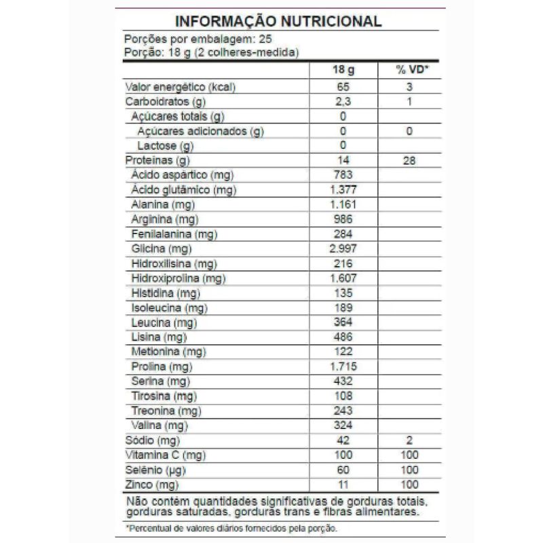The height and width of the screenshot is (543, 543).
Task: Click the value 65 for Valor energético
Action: [x=343, y=87]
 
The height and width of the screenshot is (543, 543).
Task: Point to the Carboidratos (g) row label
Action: [x=166, y=102]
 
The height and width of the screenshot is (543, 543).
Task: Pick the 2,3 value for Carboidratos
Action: [x=343, y=102]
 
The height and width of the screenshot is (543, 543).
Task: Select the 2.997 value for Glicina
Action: [x=343, y=248]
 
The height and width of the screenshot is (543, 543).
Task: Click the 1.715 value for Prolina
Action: [x=343, y=367]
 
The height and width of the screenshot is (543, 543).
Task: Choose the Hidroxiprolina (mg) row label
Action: [x=178, y=278]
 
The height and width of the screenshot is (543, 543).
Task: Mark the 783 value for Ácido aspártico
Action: [x=343, y=175]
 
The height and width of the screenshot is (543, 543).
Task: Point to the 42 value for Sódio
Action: [x=343, y=441]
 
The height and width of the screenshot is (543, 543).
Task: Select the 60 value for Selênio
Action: [x=343, y=470]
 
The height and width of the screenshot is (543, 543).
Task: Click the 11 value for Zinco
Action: [x=343, y=485]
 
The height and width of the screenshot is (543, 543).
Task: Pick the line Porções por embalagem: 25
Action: [x=193, y=39]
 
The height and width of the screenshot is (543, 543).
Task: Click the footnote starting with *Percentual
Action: [x=231, y=528]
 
